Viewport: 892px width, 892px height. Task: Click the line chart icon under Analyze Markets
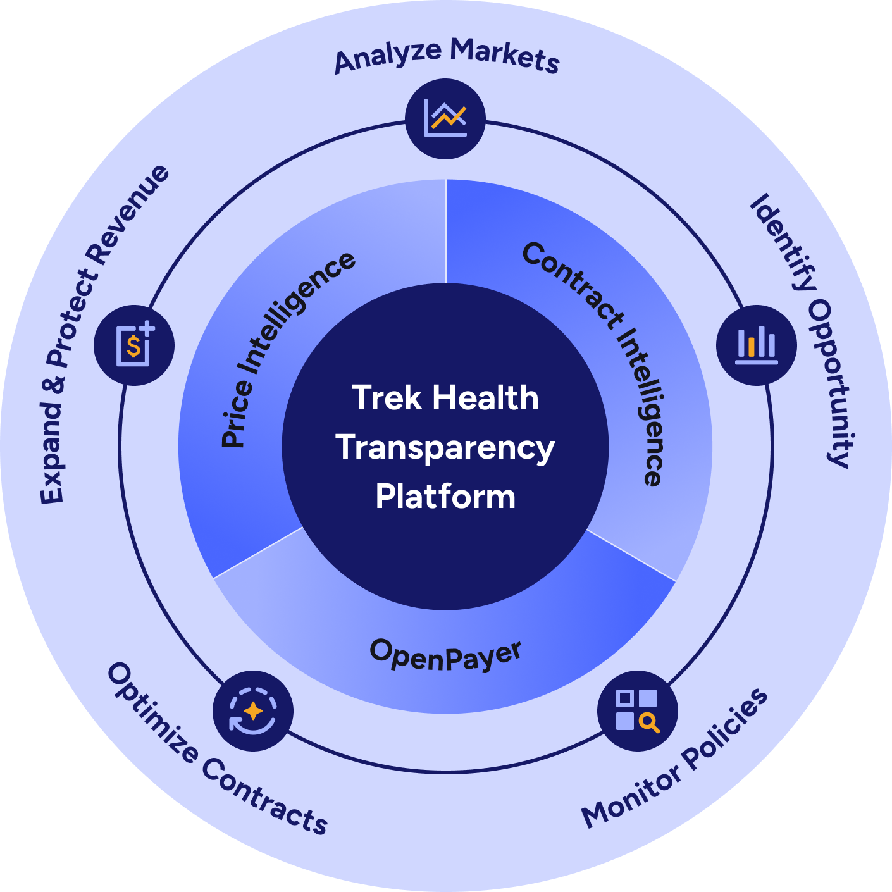pos(445,118)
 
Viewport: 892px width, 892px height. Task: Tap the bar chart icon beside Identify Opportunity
pos(756,345)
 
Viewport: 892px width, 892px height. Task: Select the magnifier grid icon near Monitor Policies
pos(637,710)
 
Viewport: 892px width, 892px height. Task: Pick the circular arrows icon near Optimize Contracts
pos(253,710)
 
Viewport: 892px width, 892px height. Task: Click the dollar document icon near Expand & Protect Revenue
pos(134,345)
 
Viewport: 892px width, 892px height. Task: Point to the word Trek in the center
pos(387,398)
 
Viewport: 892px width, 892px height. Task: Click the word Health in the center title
pos(486,398)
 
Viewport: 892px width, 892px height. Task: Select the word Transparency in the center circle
pos(445,447)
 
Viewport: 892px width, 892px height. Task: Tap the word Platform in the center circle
pos(445,496)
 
